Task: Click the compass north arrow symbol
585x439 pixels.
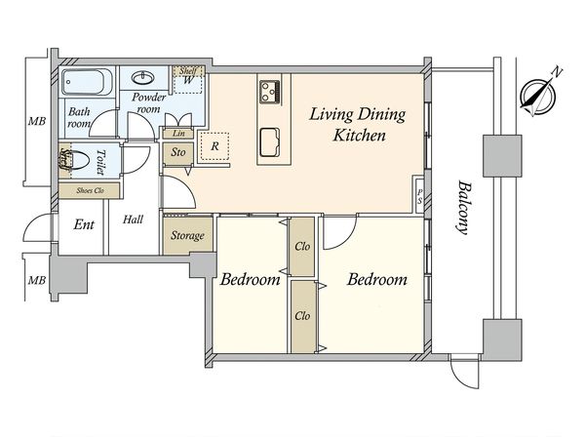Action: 538,96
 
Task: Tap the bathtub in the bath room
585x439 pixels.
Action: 87,82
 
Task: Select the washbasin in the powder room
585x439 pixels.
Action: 143,78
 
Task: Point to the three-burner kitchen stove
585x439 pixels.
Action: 270,92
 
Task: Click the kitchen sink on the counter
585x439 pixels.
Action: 269,142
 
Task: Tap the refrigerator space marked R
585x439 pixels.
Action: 214,146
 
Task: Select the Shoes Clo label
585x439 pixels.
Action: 90,190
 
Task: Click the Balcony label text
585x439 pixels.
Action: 463,208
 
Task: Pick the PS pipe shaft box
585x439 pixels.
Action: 419,196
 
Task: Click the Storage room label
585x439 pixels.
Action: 187,235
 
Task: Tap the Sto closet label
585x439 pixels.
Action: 178,152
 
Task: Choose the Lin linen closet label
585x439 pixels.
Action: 178,134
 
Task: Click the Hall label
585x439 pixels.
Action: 134,219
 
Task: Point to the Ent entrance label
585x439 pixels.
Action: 84,224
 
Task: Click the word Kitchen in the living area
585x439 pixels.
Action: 359,136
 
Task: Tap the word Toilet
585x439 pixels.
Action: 100,162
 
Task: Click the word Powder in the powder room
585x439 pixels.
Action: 149,98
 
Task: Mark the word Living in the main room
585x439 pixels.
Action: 331,114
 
